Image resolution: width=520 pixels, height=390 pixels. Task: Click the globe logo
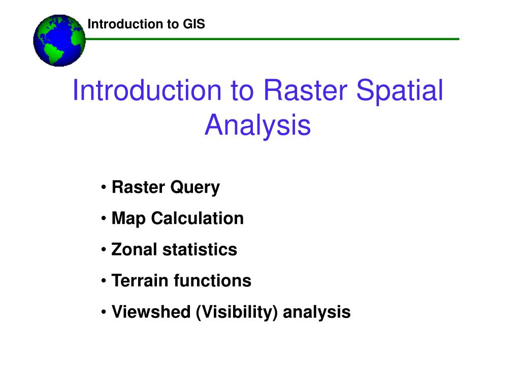tap(59, 41)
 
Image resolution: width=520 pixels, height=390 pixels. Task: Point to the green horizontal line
tap(272, 39)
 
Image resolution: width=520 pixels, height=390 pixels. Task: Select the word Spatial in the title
tap(400, 91)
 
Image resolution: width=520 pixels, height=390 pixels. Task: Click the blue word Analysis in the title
tap(257, 126)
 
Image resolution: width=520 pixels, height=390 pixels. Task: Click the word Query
tap(195, 188)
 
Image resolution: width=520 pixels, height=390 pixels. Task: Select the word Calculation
tap(198, 218)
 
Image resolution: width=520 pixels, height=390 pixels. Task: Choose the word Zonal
tap(134, 249)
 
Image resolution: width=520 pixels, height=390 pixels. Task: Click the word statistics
tap(200, 249)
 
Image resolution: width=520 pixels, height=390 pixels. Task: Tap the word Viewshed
tap(151, 312)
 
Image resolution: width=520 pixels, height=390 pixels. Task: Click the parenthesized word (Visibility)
tap(237, 312)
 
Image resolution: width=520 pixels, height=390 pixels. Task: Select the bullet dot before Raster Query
tap(104, 187)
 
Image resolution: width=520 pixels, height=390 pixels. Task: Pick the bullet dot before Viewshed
tap(104, 312)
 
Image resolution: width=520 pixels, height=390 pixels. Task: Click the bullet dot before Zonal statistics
tap(104, 250)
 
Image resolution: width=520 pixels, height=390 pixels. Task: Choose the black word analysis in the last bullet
tap(317, 312)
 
